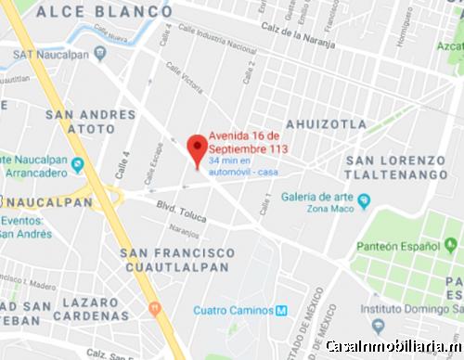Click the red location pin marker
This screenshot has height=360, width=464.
click(x=197, y=148)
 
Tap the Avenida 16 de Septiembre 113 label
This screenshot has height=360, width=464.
click(x=247, y=141)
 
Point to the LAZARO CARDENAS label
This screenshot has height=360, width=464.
click(x=78, y=310)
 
